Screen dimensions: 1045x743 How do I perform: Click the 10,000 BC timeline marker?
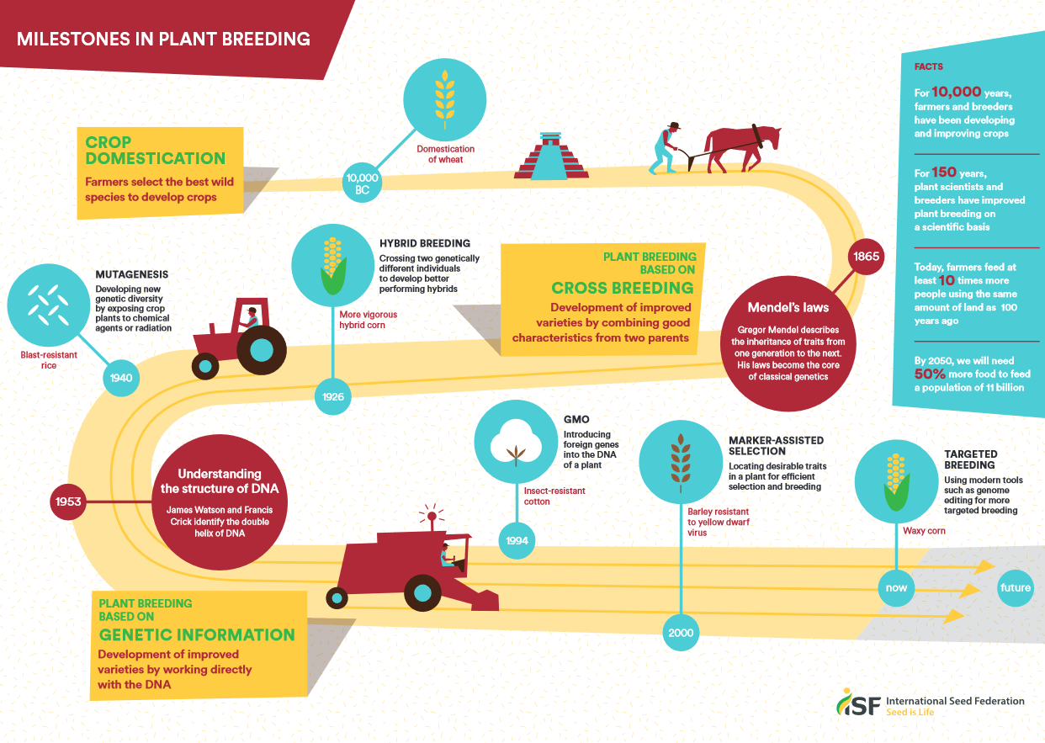[362, 183]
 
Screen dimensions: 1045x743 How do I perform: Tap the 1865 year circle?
[866, 257]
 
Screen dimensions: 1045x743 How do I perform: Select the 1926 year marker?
[332, 396]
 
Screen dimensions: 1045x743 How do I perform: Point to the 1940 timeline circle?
[121, 378]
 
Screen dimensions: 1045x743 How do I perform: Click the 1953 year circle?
[68, 502]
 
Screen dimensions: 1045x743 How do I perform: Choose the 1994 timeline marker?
[517, 540]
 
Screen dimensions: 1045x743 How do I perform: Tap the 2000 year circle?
[681, 633]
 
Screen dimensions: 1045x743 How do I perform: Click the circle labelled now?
[896, 587]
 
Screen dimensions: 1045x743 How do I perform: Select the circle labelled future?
[1016, 587]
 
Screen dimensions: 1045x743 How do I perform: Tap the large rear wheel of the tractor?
[261, 350]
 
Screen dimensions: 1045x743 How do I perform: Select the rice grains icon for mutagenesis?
[49, 305]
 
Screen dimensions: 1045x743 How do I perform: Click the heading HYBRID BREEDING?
[425, 243]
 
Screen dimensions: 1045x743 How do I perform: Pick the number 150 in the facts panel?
[944, 172]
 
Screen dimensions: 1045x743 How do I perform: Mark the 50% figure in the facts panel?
[930, 374]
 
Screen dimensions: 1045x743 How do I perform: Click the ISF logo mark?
[858, 702]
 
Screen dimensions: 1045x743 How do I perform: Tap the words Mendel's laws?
[788, 307]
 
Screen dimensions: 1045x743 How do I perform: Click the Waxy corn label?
[924, 531]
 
